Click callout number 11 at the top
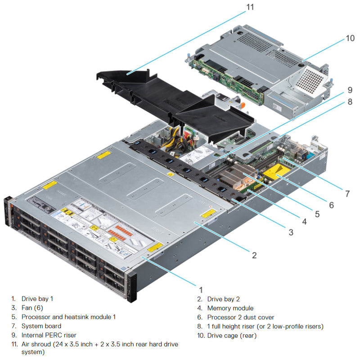point(250,7)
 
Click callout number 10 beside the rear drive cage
point(350,39)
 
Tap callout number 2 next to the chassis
point(254,255)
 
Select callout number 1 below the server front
point(201,290)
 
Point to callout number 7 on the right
point(347,194)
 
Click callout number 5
point(317,214)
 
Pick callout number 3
point(291,233)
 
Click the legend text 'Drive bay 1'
point(40,299)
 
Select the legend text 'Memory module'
point(230,308)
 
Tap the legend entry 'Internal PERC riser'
point(49,335)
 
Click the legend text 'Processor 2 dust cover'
point(240,317)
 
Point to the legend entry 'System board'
point(41,326)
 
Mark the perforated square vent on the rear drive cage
point(310,81)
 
